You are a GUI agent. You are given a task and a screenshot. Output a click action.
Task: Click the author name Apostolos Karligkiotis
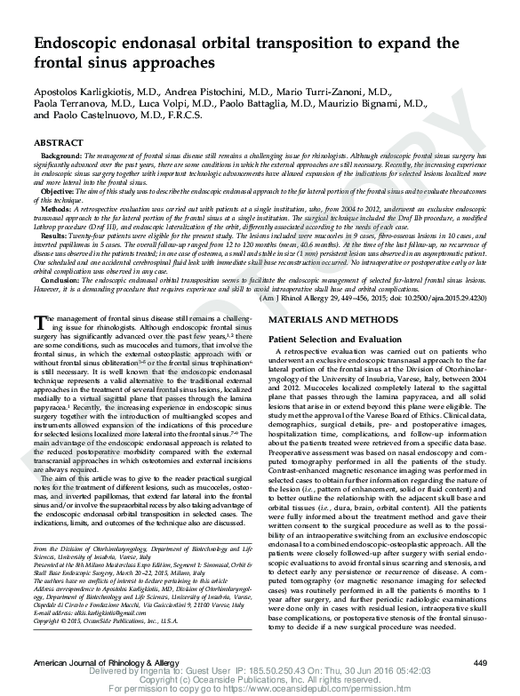point(92,92)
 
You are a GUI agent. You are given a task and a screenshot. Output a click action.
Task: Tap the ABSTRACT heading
point(59,143)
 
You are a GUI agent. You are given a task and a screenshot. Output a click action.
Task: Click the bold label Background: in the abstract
point(61,156)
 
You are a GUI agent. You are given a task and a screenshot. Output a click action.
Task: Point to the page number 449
point(480,663)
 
